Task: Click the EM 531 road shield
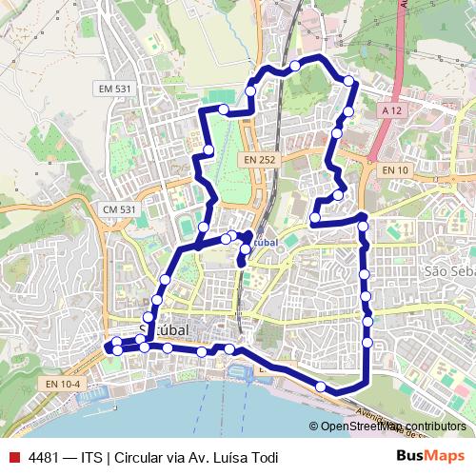[114, 89]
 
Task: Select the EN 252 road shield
[258, 160]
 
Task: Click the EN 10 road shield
[395, 169]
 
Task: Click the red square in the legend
[13, 456]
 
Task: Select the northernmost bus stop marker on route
[295, 65]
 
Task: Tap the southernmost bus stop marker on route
[321, 387]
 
